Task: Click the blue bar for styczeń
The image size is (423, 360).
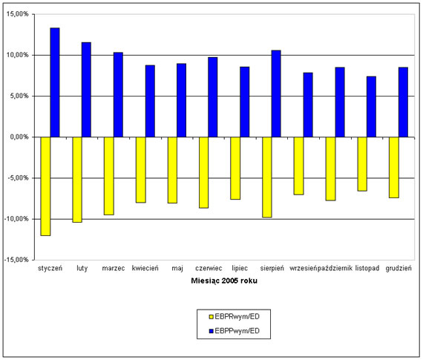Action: point(55,82)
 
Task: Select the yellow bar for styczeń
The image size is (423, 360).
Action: point(45,186)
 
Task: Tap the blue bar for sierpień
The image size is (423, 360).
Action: point(276,94)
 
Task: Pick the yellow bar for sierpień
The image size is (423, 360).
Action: point(267,177)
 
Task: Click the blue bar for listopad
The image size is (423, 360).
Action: point(371,107)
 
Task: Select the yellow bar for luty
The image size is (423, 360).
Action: point(77,180)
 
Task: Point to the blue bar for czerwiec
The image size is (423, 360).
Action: point(212,97)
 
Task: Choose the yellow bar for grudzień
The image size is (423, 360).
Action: point(394,168)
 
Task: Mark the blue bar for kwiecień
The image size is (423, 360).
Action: point(150,101)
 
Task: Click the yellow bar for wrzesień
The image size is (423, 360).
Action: point(299,166)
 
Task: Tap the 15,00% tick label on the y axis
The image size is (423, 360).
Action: point(18,14)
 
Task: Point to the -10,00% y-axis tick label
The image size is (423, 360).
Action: point(16,219)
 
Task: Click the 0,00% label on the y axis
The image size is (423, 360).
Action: point(19,137)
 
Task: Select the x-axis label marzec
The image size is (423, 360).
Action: point(114,268)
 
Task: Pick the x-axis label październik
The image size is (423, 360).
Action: point(335,268)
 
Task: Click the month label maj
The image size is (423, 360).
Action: point(177,268)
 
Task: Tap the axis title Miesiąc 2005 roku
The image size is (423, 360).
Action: point(224,281)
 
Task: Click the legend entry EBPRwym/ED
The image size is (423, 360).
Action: point(235,316)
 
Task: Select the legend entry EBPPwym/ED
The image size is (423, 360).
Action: point(235,331)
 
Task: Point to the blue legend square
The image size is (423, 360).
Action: point(211,331)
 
